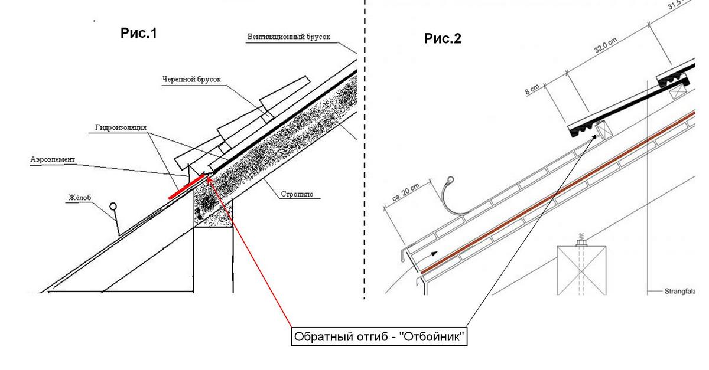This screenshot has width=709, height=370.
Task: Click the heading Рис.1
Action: click(139, 34)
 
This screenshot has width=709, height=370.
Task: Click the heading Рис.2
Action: click(443, 39)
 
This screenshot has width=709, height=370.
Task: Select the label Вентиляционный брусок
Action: click(289, 37)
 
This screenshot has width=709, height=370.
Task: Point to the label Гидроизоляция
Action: click(120, 127)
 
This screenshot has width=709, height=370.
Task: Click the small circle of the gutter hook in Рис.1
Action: click(113, 207)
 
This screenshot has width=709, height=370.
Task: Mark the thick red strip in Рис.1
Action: click(186, 187)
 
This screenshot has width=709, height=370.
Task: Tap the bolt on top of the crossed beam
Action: click(581, 242)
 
